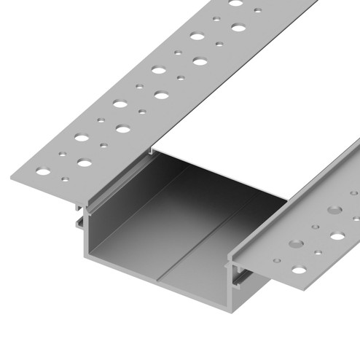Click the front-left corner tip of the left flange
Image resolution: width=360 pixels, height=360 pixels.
[x=12, y=176]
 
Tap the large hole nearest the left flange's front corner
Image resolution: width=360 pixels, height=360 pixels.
[x=44, y=173]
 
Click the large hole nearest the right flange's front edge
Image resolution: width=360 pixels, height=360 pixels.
[x=300, y=270]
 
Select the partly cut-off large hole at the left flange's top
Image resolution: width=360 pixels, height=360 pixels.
[x=236, y=3]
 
